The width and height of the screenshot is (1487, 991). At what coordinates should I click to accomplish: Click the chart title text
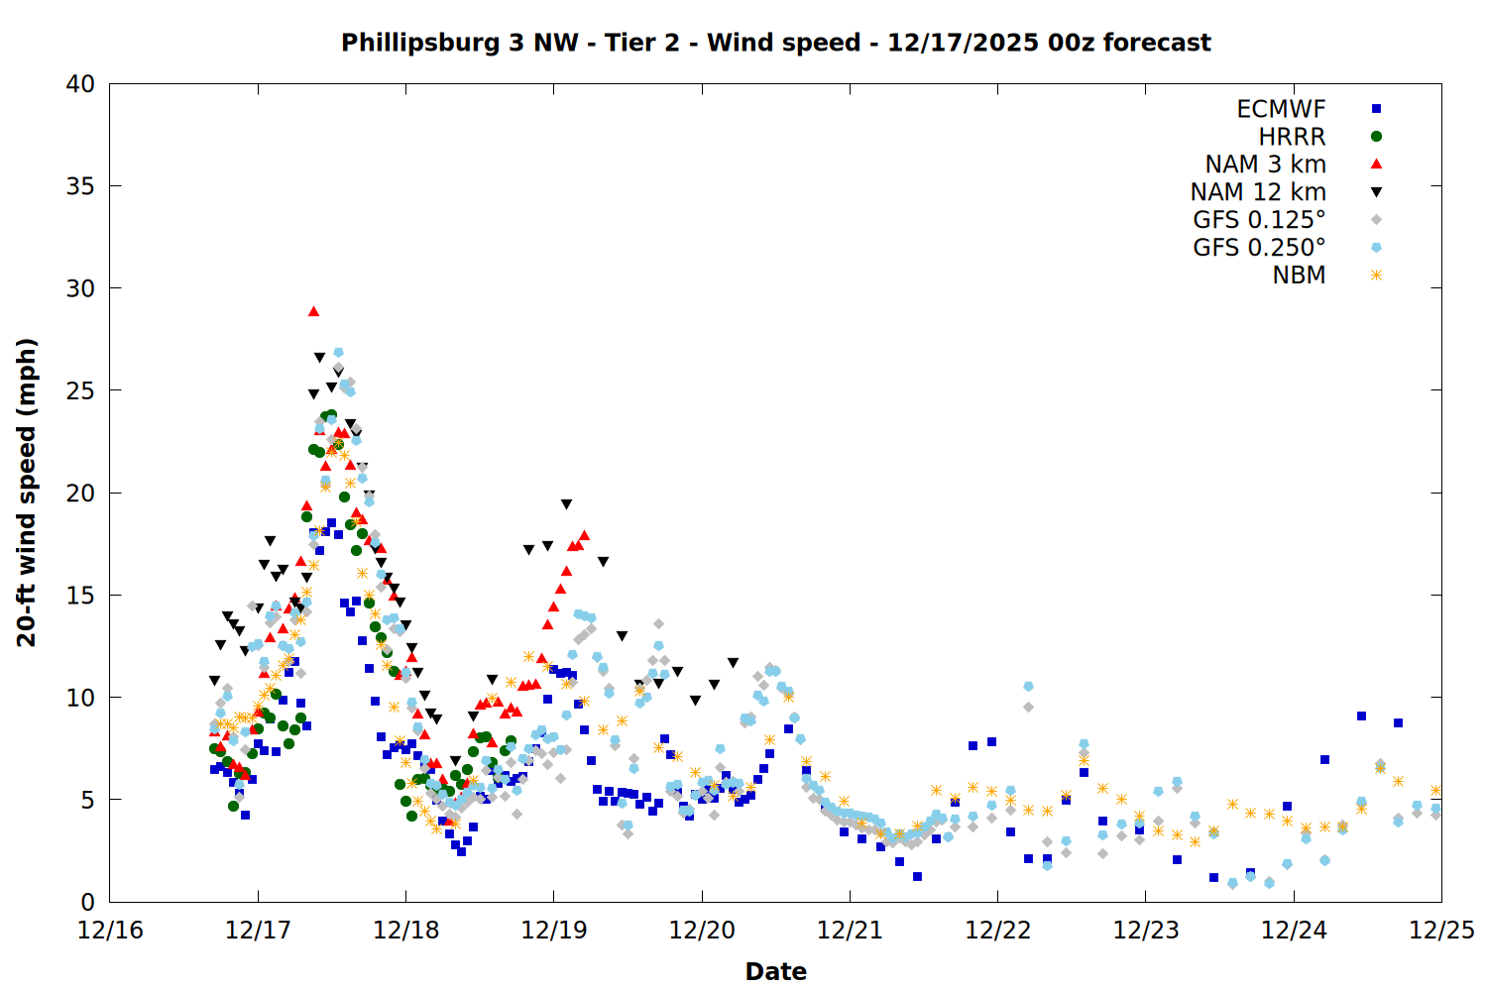(x=775, y=43)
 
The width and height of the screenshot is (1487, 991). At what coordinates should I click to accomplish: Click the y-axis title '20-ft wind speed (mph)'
(x=27, y=493)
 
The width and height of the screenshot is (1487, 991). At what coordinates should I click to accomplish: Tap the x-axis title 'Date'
(x=775, y=971)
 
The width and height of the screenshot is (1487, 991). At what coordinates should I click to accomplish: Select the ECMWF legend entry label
(x=1281, y=109)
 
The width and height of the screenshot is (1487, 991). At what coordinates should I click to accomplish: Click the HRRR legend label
(x=1292, y=137)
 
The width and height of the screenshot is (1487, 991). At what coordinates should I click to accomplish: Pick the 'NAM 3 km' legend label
(x=1265, y=165)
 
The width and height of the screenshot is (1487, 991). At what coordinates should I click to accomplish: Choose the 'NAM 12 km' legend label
(x=1258, y=192)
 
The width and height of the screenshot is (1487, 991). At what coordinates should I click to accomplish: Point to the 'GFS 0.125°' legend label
(x=1259, y=220)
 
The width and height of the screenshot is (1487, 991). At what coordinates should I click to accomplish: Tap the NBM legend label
(x=1299, y=275)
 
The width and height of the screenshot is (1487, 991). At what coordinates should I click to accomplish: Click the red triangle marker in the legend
(x=1376, y=165)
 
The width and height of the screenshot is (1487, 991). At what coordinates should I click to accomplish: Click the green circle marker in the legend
(x=1376, y=137)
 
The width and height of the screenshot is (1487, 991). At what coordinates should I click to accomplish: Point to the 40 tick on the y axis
(x=81, y=84)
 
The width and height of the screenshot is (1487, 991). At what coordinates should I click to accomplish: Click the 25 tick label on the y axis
(x=81, y=390)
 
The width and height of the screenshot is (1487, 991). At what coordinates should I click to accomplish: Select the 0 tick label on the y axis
(x=87, y=902)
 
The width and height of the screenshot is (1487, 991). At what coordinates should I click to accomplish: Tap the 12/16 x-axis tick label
(x=110, y=931)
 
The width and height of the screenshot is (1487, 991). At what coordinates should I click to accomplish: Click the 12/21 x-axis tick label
(x=850, y=931)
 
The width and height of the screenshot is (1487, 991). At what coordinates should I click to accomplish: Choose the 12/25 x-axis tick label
(x=1441, y=931)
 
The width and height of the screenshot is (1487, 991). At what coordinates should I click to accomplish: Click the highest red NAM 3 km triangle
(x=313, y=311)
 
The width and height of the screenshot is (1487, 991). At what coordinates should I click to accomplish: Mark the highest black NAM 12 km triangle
(x=319, y=358)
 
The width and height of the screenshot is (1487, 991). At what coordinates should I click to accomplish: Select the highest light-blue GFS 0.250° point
(x=338, y=353)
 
